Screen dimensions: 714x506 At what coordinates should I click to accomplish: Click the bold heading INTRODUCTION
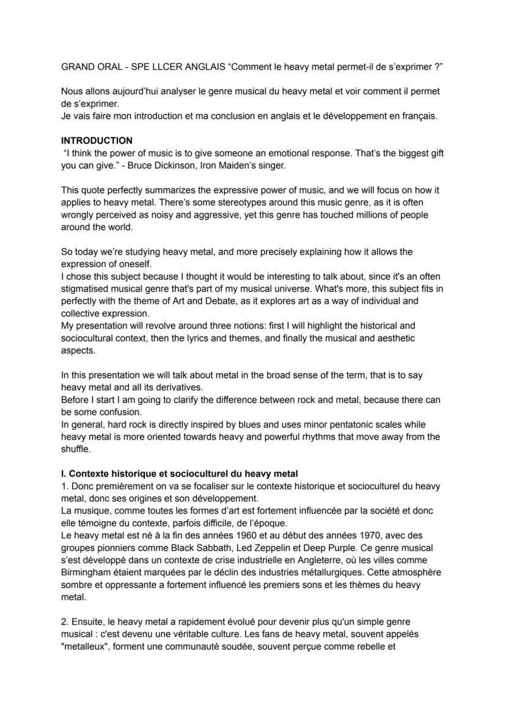(97, 140)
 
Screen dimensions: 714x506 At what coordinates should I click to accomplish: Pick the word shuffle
(76, 449)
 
